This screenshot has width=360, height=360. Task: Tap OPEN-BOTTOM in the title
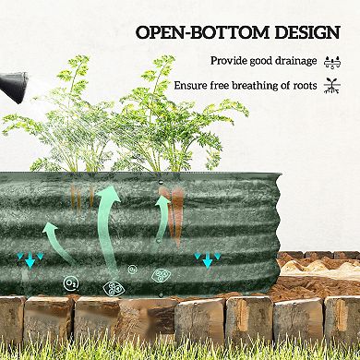pos(189,33)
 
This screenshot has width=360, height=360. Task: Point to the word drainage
pos(294,61)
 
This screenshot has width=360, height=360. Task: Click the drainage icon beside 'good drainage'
pos(333,62)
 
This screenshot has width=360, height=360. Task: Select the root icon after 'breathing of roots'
pos(333,86)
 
